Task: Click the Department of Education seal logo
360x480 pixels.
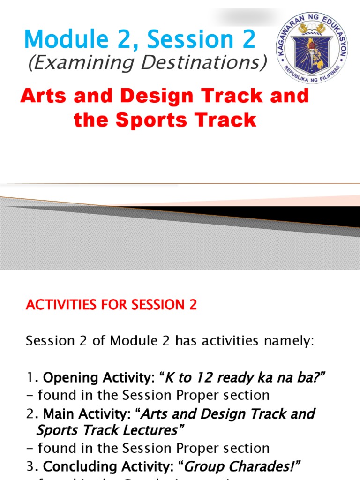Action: point(311,48)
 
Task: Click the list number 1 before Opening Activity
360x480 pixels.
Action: point(29,378)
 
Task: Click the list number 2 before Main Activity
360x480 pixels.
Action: point(29,414)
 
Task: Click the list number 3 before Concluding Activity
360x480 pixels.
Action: point(29,466)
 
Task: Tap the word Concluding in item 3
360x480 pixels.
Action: point(80,466)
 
